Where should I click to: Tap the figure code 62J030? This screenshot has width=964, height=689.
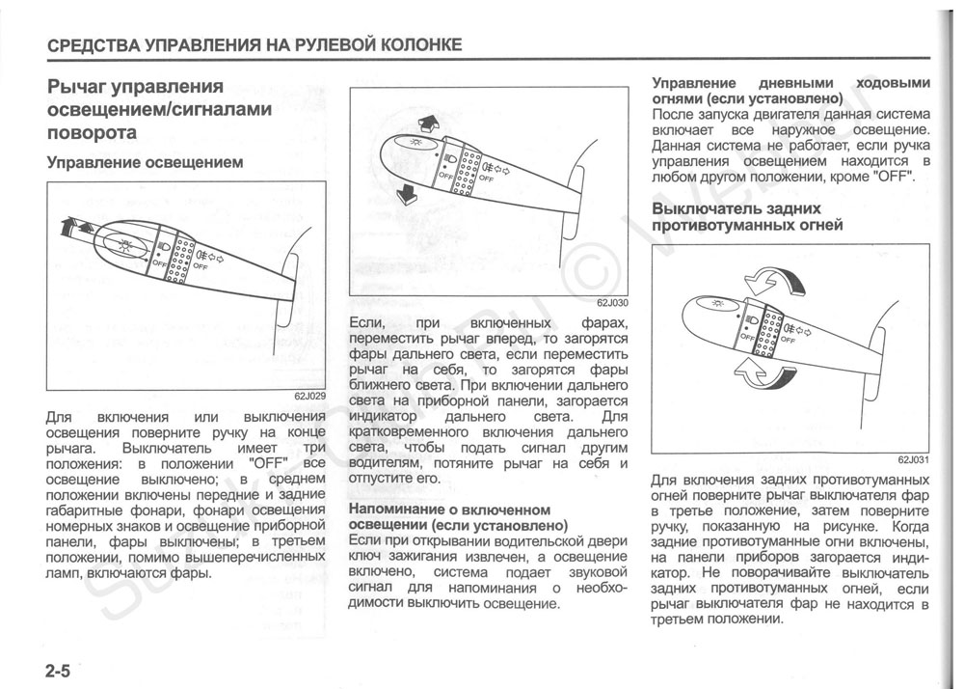tap(610, 301)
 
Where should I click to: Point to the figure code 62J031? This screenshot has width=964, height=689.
tap(912, 460)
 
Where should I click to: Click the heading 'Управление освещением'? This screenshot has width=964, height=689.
tap(145, 162)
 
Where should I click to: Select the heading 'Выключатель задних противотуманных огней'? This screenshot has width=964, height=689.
tap(747, 217)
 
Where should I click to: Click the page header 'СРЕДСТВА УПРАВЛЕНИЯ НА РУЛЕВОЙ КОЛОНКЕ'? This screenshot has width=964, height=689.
tap(254, 44)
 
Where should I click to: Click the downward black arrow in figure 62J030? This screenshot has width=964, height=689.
tap(407, 192)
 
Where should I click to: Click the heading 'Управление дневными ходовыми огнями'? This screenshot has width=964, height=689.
tap(790, 91)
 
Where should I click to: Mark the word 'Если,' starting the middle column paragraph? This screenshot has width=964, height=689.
tap(366, 322)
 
